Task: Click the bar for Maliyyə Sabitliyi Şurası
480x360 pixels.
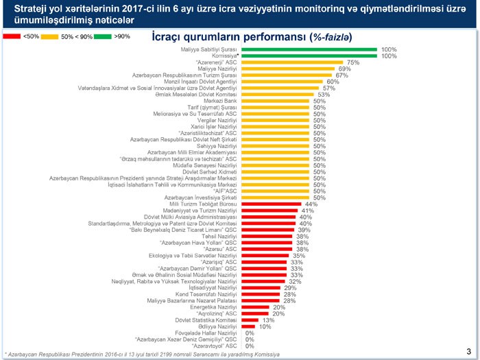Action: (x=309, y=49)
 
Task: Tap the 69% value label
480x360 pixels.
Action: (x=345, y=69)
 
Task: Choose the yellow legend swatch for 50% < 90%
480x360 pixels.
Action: (x=49, y=36)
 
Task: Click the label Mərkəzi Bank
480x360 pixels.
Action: (x=219, y=101)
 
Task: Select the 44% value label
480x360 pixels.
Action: (x=311, y=204)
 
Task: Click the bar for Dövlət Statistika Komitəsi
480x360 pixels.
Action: (x=250, y=320)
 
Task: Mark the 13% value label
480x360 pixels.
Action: (x=269, y=320)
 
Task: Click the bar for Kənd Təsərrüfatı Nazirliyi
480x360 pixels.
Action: (x=261, y=294)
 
